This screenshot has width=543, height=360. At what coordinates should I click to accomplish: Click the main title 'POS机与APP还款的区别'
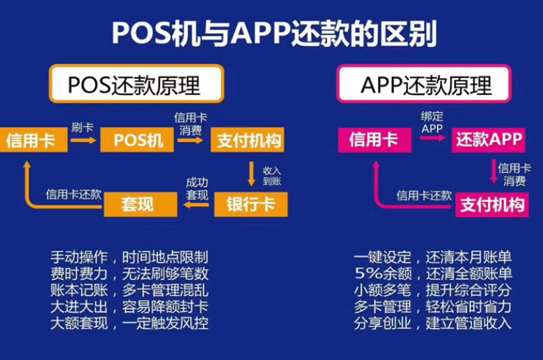[274, 34]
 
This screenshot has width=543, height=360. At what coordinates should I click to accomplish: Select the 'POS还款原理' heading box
[136, 83]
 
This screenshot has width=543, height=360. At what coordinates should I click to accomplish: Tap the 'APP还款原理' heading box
[424, 83]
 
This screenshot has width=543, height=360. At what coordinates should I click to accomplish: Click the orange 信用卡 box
[33, 140]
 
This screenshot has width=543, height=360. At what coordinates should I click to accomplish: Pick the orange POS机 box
[137, 140]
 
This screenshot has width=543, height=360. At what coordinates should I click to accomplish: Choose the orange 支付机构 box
[248, 140]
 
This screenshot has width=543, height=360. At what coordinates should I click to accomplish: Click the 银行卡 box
[251, 204]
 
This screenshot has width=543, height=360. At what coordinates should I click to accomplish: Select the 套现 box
[141, 204]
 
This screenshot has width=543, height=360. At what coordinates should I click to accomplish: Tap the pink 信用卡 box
[375, 140]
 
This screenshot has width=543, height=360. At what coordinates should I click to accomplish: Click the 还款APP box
[488, 140]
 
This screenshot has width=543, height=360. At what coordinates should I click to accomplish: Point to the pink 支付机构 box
[491, 205]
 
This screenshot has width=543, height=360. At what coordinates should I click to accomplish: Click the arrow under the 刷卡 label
[83, 140]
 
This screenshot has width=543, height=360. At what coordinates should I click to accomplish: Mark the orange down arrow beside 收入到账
[251, 174]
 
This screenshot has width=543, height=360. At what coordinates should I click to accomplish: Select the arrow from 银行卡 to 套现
[196, 205]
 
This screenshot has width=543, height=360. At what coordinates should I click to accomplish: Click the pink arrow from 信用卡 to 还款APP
[432, 138]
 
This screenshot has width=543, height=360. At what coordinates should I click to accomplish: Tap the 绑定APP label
[432, 122]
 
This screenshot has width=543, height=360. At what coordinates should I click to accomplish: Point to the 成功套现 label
[197, 188]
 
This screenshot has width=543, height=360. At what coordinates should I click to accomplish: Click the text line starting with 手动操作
[130, 257]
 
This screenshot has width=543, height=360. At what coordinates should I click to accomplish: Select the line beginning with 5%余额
[433, 273]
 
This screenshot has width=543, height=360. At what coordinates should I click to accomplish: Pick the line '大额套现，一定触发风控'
[130, 323]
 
